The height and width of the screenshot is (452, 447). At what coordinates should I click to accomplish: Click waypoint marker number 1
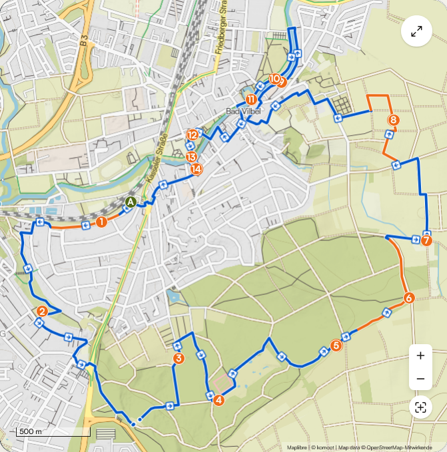pyautogui.click(x=101, y=222)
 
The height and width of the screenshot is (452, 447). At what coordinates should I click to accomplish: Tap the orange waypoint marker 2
pyautogui.click(x=42, y=311)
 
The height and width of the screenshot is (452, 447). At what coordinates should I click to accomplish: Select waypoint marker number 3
pyautogui.click(x=179, y=359)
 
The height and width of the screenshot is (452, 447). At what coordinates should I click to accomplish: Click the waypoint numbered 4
pyautogui.click(x=218, y=399)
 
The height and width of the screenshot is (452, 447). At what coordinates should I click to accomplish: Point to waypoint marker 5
pyautogui.click(x=336, y=345)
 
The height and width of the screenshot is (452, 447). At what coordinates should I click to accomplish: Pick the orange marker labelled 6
pyautogui.click(x=409, y=298)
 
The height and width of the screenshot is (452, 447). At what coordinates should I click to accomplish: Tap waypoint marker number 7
pyautogui.click(x=426, y=240)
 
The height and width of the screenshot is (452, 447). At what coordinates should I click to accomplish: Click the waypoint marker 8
pyautogui.click(x=393, y=120)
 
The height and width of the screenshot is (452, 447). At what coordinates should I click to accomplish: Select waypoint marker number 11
pyautogui.click(x=251, y=99)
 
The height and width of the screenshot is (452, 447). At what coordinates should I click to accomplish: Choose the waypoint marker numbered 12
pyautogui.click(x=193, y=134)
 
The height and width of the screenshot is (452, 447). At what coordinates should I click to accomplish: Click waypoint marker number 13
pyautogui.click(x=192, y=157)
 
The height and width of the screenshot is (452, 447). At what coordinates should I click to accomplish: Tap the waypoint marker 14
pyautogui.click(x=197, y=169)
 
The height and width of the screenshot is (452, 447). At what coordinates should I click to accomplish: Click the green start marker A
pyautogui.click(x=131, y=202)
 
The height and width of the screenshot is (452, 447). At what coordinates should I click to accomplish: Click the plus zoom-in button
pyautogui.click(x=420, y=355)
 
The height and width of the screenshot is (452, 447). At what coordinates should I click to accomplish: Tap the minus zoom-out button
pyautogui.click(x=420, y=379)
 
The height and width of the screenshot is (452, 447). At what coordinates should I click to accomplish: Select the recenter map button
pyautogui.click(x=420, y=407)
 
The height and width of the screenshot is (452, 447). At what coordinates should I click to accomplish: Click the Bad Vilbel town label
pyautogui.click(x=241, y=111)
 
